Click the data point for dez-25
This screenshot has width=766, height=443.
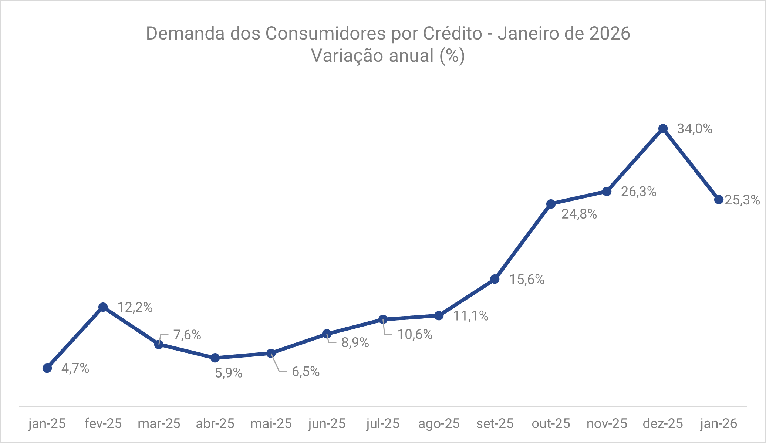pyautogui.click(x=663, y=129)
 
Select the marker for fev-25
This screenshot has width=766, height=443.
pyautogui.click(x=103, y=307)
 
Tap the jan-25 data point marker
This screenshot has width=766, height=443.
pyautogui.click(x=47, y=368)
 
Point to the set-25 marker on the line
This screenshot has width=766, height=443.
pyautogui.click(x=495, y=279)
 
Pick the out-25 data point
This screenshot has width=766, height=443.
pyautogui.click(x=551, y=204)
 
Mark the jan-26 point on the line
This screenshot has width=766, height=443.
pyautogui.click(x=719, y=200)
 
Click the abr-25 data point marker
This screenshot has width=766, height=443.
pyautogui.click(x=215, y=358)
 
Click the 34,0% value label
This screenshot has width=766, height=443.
pyautogui.click(x=694, y=129)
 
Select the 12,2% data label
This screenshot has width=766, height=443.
pyautogui.click(x=135, y=307)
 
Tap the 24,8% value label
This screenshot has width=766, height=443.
pyautogui.click(x=579, y=214)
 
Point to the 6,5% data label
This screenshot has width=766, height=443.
pyautogui.click(x=306, y=372)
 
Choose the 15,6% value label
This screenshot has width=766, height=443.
pyautogui.click(x=527, y=280)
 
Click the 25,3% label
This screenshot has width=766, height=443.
pyautogui.click(x=742, y=200)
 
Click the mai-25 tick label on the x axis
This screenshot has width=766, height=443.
pyautogui.click(x=271, y=423)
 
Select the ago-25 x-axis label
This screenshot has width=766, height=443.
pyautogui.click(x=439, y=423)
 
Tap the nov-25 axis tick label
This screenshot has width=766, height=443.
pyautogui.click(x=607, y=423)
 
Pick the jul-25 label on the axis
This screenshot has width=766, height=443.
pyautogui.click(x=383, y=423)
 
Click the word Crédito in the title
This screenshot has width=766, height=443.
pyautogui.click(x=452, y=34)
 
